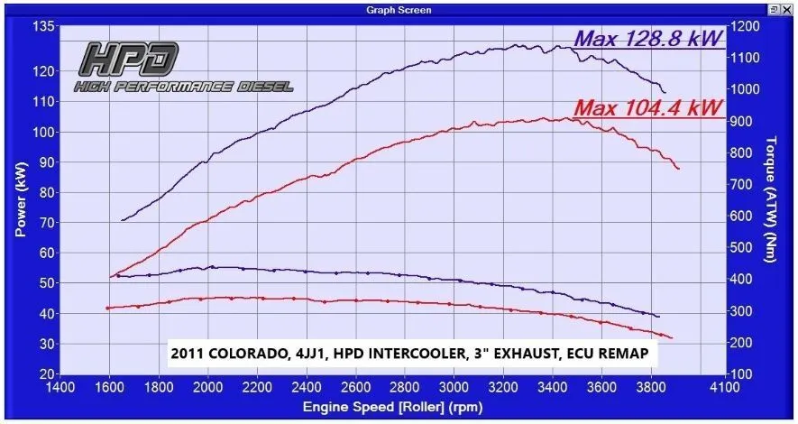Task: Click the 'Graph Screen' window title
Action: click(x=399, y=9)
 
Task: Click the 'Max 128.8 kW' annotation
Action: click(x=648, y=39)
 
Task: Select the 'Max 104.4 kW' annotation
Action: click(x=648, y=109)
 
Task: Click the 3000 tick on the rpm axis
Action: click(x=455, y=389)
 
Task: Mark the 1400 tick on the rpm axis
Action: click(x=60, y=389)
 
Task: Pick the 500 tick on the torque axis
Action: click(x=743, y=248)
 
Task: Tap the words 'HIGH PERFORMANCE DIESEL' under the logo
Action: click(x=183, y=87)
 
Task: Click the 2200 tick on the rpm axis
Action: click(x=258, y=389)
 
